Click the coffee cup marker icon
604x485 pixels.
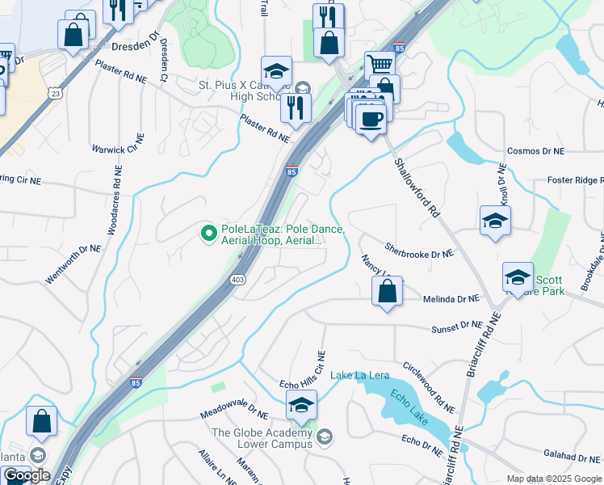tap(371, 119)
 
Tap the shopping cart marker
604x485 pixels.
tap(380, 64)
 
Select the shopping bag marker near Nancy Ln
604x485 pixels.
tap(388, 291)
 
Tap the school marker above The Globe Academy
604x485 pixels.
tap(302, 405)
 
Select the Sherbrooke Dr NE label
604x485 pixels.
tap(419, 253)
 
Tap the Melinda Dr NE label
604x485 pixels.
tap(451, 299)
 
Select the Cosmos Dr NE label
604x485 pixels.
tap(535, 151)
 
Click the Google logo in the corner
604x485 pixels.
tap(26, 475)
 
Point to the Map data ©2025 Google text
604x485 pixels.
tap(554, 479)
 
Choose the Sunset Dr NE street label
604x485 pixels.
tap(456, 326)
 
